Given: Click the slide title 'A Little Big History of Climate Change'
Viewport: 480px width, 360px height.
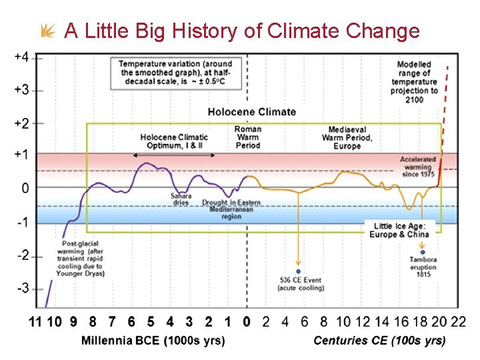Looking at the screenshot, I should (x=241, y=31).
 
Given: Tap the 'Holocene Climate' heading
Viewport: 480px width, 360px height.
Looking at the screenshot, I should (x=251, y=111).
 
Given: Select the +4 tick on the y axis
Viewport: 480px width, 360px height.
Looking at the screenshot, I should (x=21, y=57).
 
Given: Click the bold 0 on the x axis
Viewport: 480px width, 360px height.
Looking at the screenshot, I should (x=247, y=323).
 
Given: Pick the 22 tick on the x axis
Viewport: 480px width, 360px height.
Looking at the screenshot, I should (x=458, y=323).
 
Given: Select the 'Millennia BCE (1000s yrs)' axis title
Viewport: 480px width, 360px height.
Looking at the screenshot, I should (x=153, y=341).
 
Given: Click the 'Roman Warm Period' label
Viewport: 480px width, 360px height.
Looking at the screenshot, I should (x=247, y=137).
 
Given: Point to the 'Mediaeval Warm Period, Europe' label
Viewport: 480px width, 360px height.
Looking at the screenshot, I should (x=351, y=137).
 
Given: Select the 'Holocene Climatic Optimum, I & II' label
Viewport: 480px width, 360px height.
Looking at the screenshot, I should (x=175, y=141).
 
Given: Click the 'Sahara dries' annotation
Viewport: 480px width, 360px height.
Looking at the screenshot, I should (x=181, y=199).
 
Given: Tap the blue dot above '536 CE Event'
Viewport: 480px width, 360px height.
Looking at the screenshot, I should (x=299, y=271).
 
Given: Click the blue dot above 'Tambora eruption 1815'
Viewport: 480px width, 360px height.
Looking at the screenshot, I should (x=423, y=252).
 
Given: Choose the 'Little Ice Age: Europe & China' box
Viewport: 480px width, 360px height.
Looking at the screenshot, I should (x=400, y=230).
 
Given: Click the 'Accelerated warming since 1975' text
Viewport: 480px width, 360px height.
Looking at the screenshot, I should (x=417, y=167).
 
